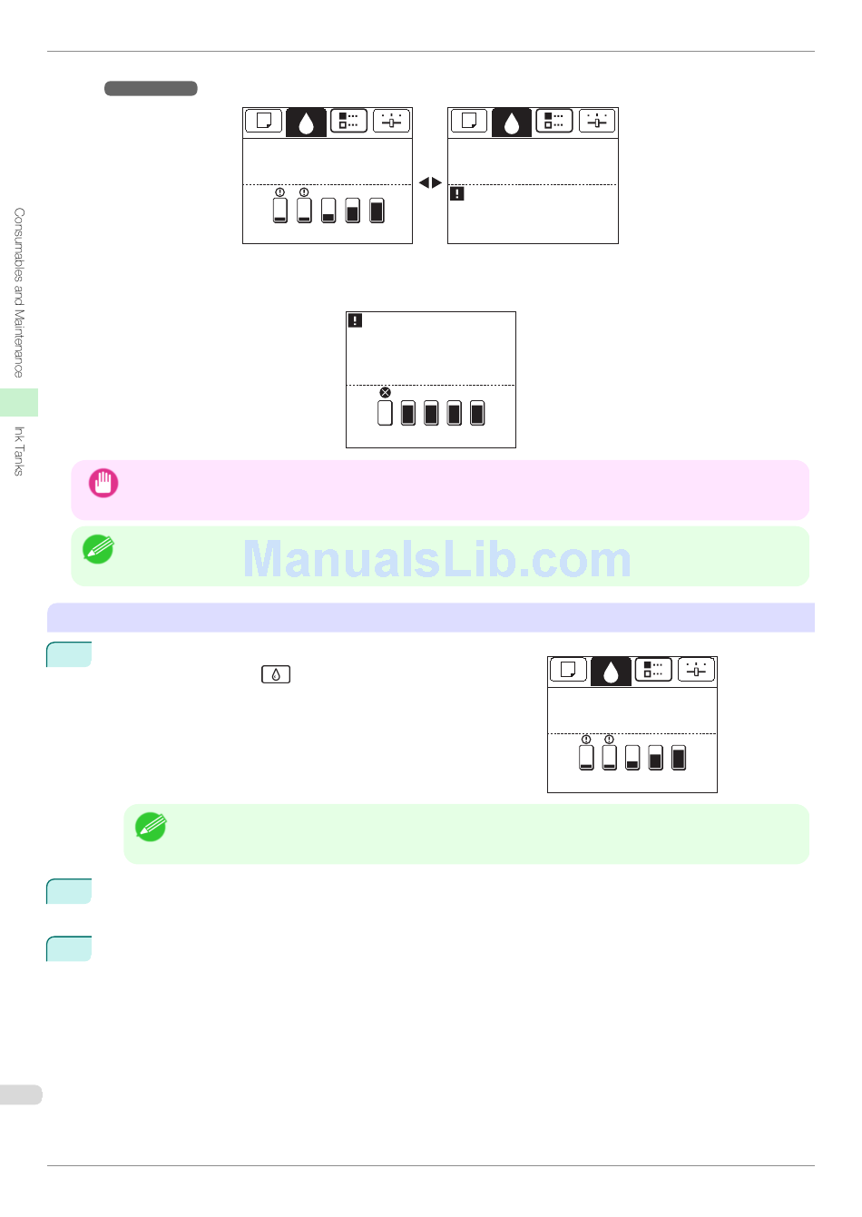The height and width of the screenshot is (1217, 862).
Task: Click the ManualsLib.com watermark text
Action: click(436, 559)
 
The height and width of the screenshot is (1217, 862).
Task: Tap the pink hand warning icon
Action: click(103, 483)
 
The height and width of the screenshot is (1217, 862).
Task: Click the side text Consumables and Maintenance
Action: click(19, 292)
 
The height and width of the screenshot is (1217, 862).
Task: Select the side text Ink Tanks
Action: click(19, 450)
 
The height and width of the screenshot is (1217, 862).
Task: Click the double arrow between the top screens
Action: click(430, 183)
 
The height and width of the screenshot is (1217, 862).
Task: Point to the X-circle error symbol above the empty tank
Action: click(385, 393)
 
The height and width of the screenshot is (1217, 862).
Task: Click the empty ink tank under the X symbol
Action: click(385, 414)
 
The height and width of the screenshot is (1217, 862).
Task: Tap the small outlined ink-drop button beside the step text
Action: click(276, 674)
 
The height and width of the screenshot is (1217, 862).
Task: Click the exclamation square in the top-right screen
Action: click(457, 193)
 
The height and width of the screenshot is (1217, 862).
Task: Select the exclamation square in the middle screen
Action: click(356, 320)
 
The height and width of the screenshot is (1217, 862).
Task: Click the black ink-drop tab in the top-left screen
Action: click(306, 123)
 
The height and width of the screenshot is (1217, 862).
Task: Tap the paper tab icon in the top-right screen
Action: click(469, 122)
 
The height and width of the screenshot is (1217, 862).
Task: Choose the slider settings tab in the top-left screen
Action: click(391, 122)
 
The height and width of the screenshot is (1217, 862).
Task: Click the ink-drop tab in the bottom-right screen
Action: click(611, 672)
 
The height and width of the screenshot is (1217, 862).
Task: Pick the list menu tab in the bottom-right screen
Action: click(653, 671)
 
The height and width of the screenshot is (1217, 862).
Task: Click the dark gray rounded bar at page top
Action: click(151, 89)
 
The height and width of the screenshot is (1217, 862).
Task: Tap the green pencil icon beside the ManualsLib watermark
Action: click(98, 549)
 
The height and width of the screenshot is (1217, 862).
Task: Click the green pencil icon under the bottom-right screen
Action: click(151, 827)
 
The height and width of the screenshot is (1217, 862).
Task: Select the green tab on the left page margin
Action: click(19, 402)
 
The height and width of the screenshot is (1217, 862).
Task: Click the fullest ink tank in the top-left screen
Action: click(377, 211)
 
